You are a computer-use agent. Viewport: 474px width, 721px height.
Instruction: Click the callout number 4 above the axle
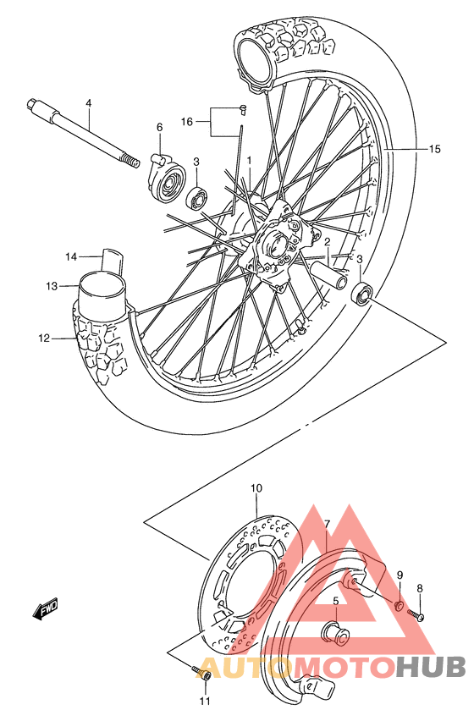88,103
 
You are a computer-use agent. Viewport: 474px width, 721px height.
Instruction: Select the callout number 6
158,128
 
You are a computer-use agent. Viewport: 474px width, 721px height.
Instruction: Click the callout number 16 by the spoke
188,122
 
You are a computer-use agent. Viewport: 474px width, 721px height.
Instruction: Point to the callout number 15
434,150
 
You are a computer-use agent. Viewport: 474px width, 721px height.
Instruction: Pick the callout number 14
72,256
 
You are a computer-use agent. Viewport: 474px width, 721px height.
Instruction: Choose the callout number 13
52,286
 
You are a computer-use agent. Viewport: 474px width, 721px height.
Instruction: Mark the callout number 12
44,339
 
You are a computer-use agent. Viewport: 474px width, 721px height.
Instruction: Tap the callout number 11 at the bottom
204,701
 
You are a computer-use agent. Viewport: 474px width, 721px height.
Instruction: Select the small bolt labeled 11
204,674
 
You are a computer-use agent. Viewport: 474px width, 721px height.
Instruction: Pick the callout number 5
335,601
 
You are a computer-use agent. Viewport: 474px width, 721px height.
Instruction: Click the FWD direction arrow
45,609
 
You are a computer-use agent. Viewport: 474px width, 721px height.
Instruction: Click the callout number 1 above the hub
250,159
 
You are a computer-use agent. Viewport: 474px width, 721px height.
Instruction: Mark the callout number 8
419,588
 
